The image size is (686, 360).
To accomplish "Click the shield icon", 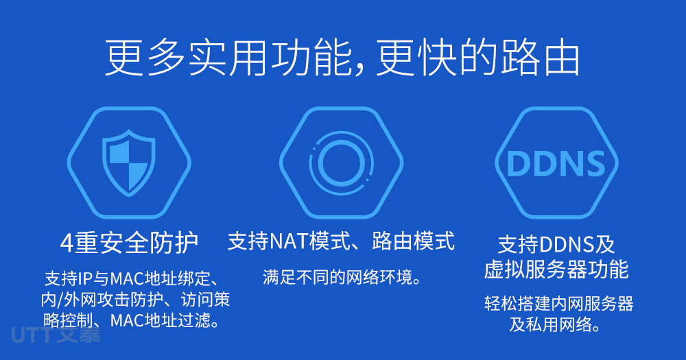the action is pyautogui.click(x=129, y=163).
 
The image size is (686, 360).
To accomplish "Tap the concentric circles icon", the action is pyautogui.click(x=341, y=163).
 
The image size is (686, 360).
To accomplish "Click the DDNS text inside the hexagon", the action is pyautogui.click(x=556, y=164).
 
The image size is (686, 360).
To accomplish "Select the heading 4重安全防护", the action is pyautogui.click(x=129, y=243).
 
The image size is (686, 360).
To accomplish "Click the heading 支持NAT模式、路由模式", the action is pyautogui.click(x=341, y=241).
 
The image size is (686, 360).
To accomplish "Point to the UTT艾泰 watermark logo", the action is pyautogui.click(x=56, y=335).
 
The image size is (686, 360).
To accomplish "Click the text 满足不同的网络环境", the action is pyautogui.click(x=342, y=277).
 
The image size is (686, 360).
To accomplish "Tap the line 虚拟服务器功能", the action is pyautogui.click(x=556, y=269).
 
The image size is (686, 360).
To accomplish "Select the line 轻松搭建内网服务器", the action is pyautogui.click(x=558, y=304).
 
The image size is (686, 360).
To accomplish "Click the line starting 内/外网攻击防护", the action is pyautogui.click(x=135, y=300).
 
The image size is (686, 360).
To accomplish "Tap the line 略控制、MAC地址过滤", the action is pyautogui.click(x=131, y=321).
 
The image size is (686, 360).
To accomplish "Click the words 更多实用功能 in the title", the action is pyautogui.click(x=228, y=58).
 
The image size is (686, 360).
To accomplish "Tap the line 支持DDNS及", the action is pyautogui.click(x=556, y=244).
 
